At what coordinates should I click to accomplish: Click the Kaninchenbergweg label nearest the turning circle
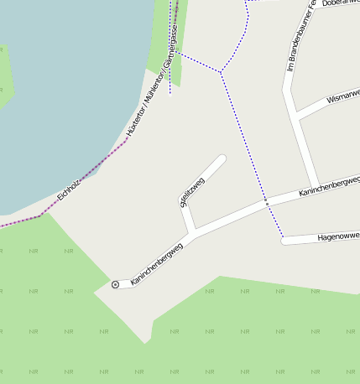click(157, 262)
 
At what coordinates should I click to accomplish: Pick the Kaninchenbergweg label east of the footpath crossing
click(328, 187)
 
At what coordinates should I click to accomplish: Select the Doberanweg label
click(340, 3)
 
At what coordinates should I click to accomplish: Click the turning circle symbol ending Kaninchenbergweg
click(115, 285)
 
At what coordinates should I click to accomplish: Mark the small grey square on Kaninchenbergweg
click(266, 203)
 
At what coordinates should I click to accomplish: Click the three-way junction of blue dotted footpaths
click(221, 72)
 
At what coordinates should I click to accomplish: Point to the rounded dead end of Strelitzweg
click(222, 158)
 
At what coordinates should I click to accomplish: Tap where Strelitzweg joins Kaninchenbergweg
click(195, 229)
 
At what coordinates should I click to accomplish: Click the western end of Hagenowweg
click(284, 241)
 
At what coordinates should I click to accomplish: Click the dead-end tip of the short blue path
click(170, 94)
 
